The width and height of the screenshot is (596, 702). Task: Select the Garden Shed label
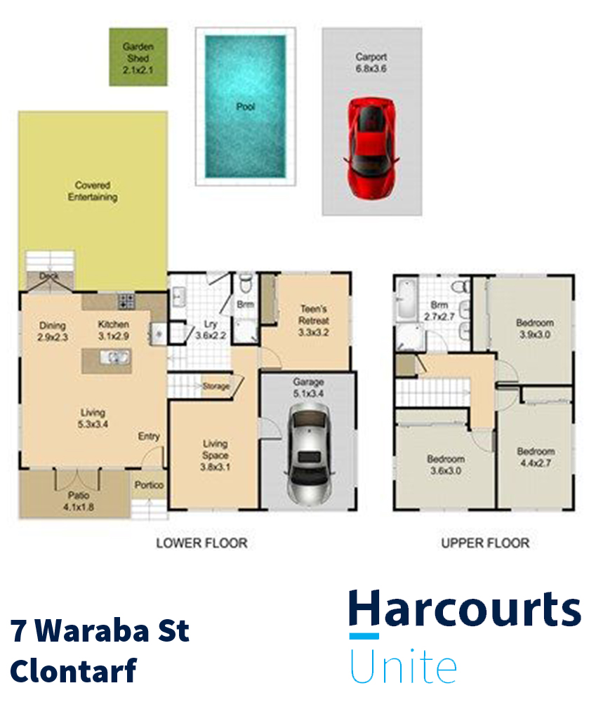click(138, 57)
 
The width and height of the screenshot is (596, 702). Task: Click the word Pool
click(245, 107)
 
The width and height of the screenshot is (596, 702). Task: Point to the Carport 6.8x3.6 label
click(371, 63)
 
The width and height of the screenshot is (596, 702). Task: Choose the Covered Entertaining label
click(93, 192)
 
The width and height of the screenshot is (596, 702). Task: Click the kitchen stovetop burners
click(126, 302)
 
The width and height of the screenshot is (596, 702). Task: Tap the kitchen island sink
click(113, 358)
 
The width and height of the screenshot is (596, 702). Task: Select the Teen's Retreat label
click(314, 319)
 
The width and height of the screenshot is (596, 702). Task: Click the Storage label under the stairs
click(216, 386)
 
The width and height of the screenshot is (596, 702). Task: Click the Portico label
click(149, 485)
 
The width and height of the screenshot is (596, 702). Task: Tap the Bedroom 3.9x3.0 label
click(535, 329)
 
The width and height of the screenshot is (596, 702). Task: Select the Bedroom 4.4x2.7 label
click(536, 457)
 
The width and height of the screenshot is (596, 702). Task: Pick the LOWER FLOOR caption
click(201, 543)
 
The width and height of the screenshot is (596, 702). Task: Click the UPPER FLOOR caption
click(485, 543)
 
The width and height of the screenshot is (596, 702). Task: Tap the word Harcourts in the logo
click(465, 609)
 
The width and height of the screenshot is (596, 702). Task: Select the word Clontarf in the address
click(73, 670)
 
